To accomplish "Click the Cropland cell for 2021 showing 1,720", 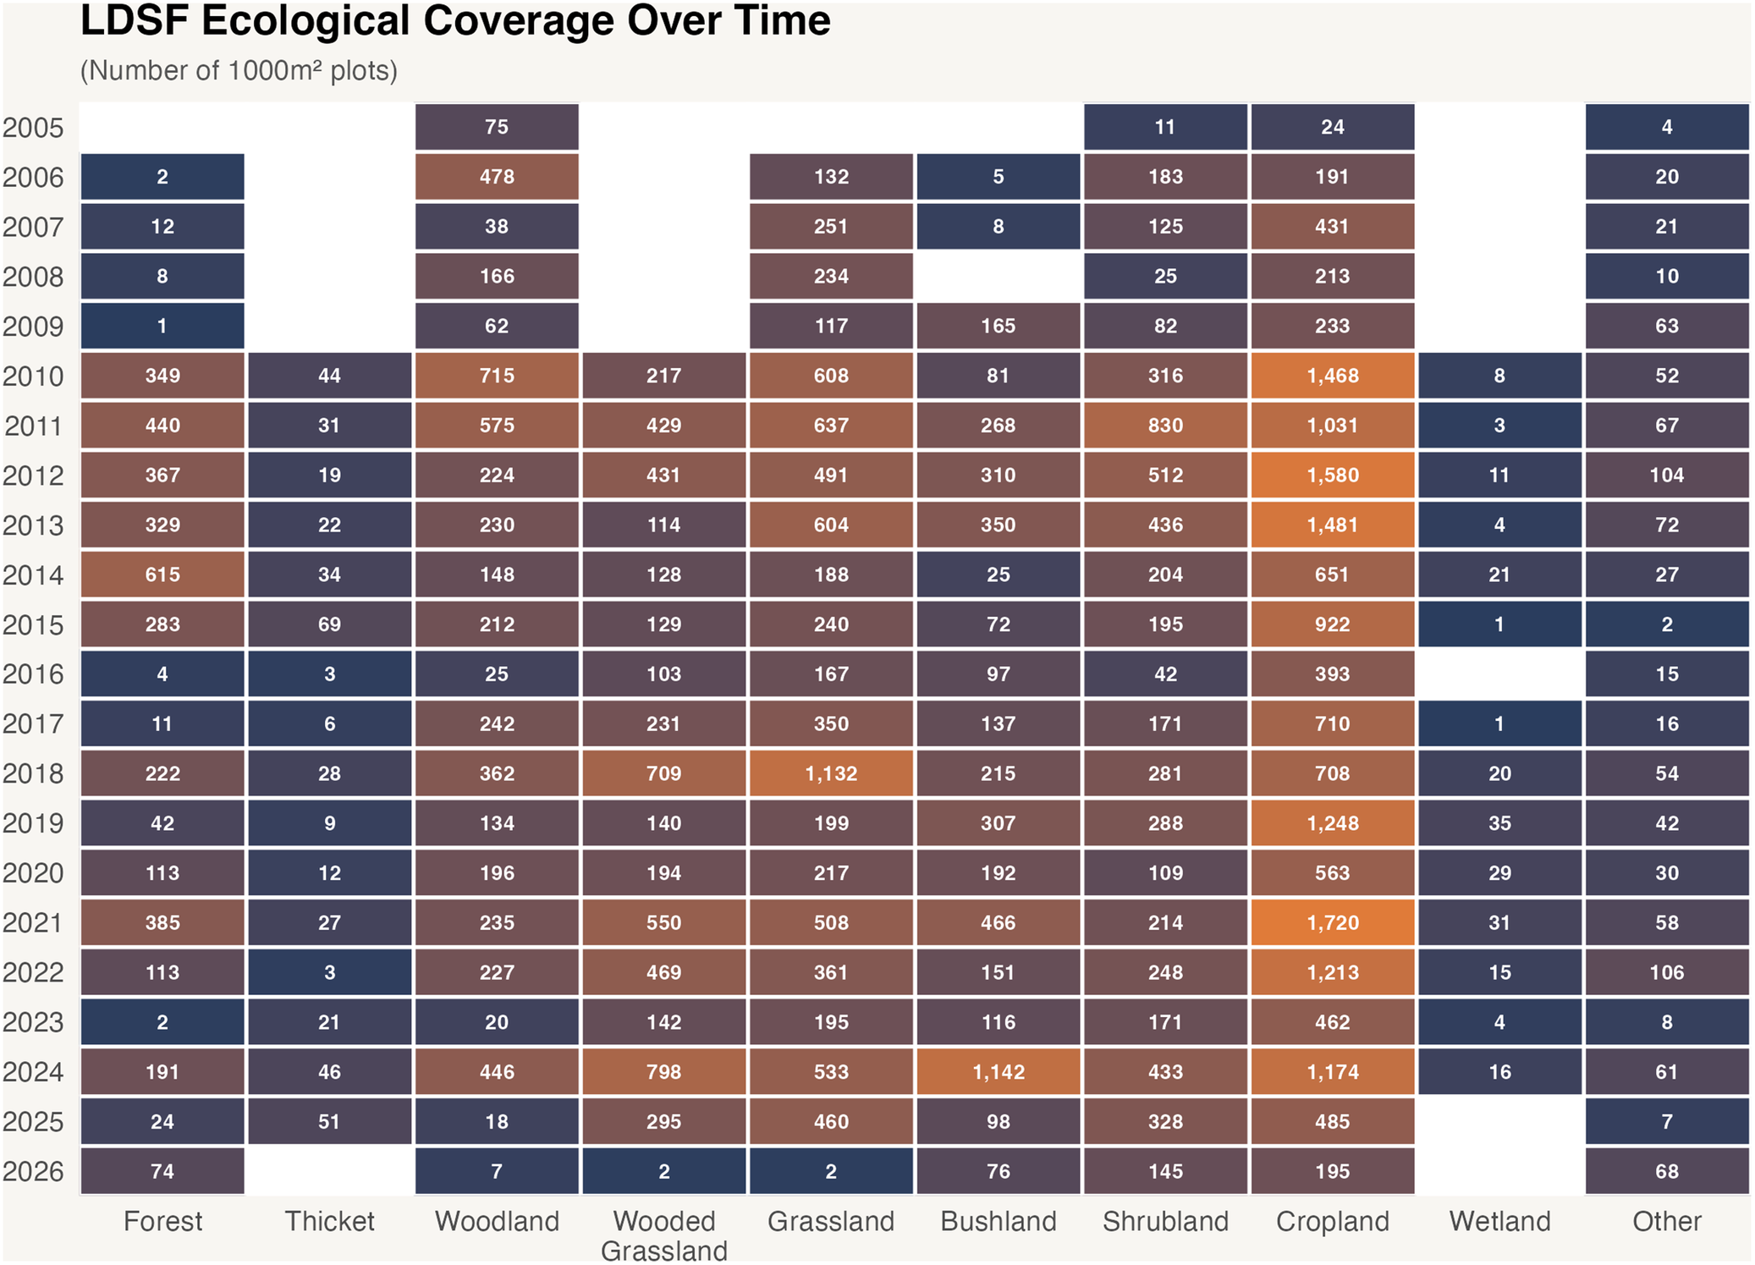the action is pos(1332,922).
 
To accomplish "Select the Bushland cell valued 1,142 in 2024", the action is pos(998,1072).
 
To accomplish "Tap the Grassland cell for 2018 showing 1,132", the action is pos(831,773).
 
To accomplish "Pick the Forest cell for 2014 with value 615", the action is pos(162,575).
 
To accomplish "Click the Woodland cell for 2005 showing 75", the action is pos(497,127).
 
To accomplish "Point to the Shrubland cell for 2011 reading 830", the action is pos(1165,425).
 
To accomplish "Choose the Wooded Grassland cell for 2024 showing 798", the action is pos(663,1072).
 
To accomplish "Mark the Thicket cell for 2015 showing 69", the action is pos(329,624).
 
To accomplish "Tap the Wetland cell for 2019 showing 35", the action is pos(1499,823).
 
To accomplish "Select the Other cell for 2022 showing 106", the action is pos(1667,972).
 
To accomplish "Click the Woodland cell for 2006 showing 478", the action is pos(497,177).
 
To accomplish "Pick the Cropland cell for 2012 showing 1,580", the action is pos(1332,475).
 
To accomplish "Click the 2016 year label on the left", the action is pos(33,674).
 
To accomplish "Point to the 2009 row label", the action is pos(33,327).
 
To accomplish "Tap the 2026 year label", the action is pos(33,1172).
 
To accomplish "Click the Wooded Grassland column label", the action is pos(664,1235).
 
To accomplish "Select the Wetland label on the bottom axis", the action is pos(1499,1221).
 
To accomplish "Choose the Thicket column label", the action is pos(329,1221).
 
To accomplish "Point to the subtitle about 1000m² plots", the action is pos(239,70).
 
